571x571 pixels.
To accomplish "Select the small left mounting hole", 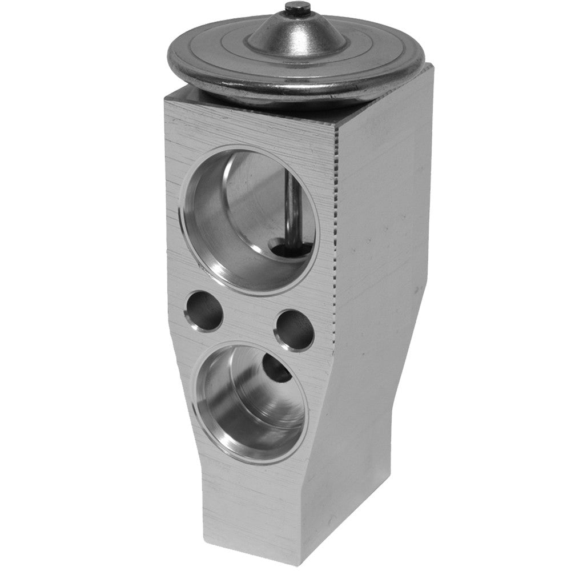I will (x=203, y=311).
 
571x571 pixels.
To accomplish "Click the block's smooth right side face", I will (x=383, y=228).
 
